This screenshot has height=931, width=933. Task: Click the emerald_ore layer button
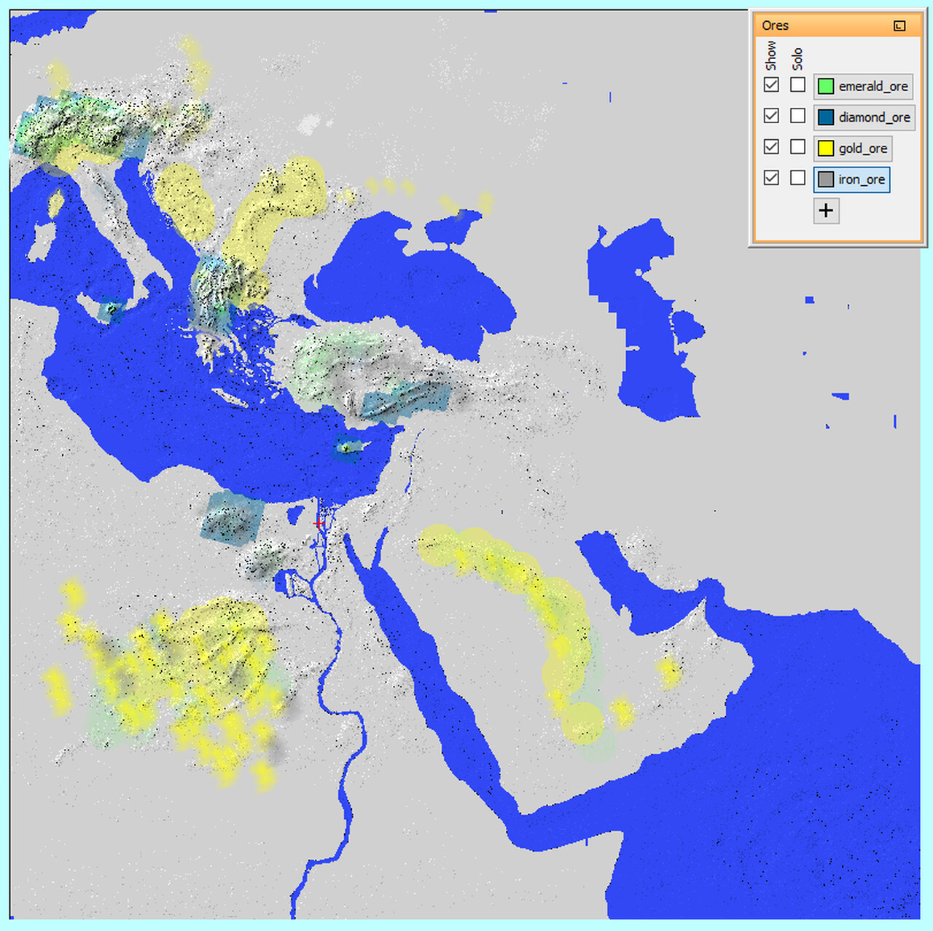pos(863,86)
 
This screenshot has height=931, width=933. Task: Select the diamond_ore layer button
pos(864,117)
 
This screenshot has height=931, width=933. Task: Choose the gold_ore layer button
pos(853,149)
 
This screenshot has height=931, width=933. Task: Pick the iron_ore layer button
pos(851,179)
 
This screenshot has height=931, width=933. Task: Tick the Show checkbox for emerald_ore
pos(771,85)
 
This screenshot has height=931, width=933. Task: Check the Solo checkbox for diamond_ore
pos(798,116)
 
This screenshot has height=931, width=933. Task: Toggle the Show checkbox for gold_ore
pos(771,146)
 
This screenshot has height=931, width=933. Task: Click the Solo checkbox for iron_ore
pos(798,178)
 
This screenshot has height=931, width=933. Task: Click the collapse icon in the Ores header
pos(899,25)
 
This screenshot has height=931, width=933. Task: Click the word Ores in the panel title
pos(775,25)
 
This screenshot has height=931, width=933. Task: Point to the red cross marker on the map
pos(319,523)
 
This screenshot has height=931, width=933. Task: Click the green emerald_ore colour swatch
pos(826,86)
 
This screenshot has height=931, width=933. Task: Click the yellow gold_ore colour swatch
pos(826,149)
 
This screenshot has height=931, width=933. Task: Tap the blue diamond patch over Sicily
pos(112,310)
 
